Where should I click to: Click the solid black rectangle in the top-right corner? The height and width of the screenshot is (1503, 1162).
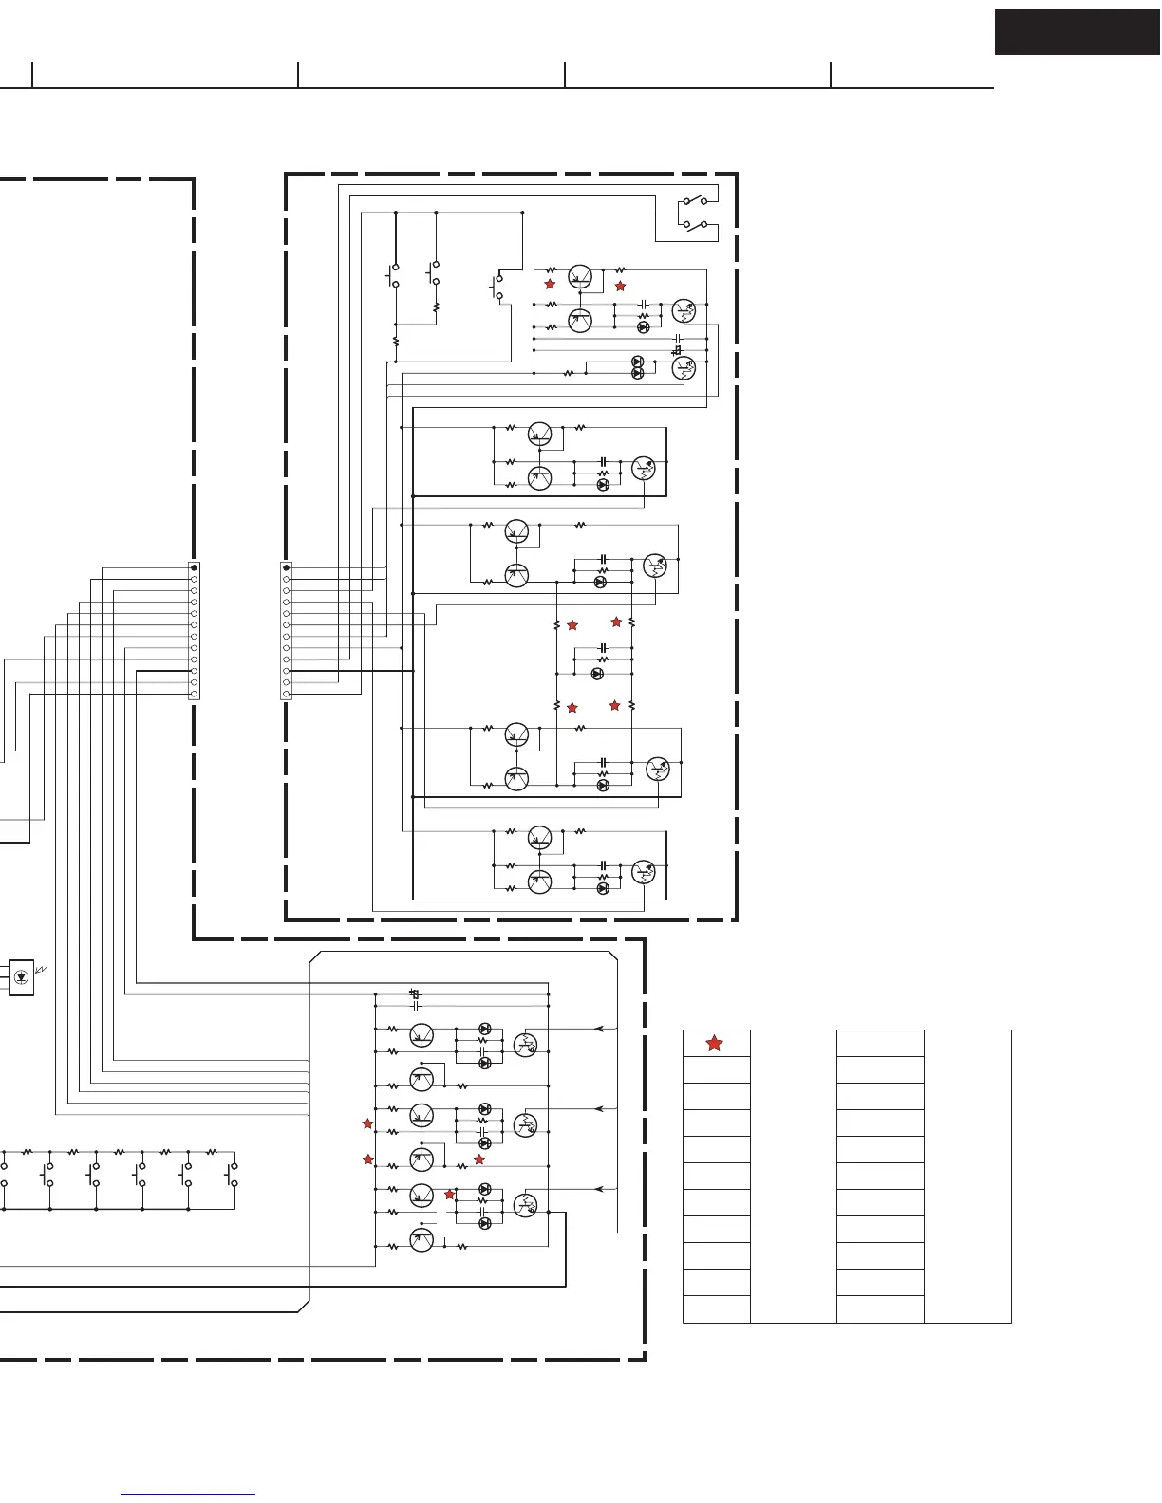coord(1078,32)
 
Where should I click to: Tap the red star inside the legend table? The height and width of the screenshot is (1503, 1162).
coord(714,1043)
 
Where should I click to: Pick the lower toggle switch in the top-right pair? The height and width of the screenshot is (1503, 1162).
coord(695,225)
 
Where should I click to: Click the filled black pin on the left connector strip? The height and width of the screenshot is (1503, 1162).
coord(194,567)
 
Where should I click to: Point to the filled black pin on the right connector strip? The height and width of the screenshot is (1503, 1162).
coord(287,567)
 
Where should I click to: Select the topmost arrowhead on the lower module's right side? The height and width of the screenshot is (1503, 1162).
coord(598,1028)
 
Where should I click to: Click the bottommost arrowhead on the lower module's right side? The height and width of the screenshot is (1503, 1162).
coord(598,1188)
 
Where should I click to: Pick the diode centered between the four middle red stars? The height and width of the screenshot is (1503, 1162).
coord(597,673)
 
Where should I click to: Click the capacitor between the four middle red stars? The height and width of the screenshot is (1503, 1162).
coord(603,648)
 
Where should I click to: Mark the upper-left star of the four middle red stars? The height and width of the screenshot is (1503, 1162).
coord(572,625)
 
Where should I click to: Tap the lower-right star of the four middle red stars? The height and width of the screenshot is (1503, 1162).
coord(615,705)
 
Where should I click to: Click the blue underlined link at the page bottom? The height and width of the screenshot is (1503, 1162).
coord(188,1494)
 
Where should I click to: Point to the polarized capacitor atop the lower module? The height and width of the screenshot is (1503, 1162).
coord(414,993)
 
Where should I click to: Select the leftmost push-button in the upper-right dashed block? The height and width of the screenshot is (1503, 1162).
coord(395,275)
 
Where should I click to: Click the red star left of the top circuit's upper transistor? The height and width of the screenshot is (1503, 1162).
coord(549,284)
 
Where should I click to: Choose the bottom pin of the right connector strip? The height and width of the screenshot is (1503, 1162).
coord(287,694)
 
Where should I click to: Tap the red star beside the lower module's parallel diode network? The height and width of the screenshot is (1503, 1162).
coord(450,1194)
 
